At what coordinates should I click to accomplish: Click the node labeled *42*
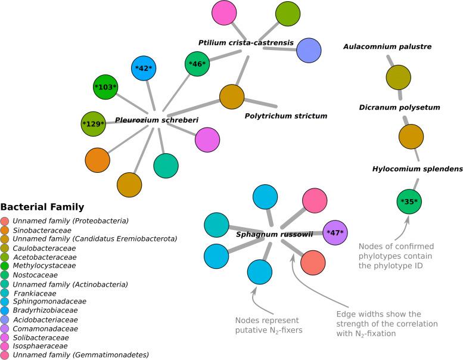click(x=144, y=68)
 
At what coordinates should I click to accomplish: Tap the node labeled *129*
click(x=94, y=123)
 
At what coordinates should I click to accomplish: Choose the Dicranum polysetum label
click(x=399, y=107)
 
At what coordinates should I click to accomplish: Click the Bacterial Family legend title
click(x=42, y=207)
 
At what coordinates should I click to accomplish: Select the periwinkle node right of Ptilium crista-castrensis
click(x=309, y=50)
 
